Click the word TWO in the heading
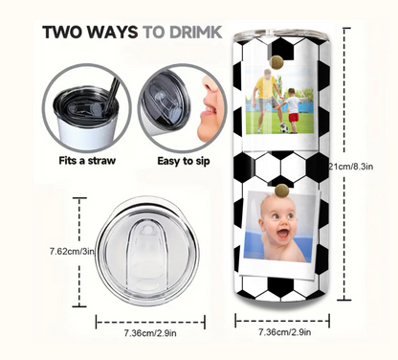coord(64,31)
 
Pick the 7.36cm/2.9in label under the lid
coord(150,333)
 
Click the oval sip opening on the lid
coord(150,249)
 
